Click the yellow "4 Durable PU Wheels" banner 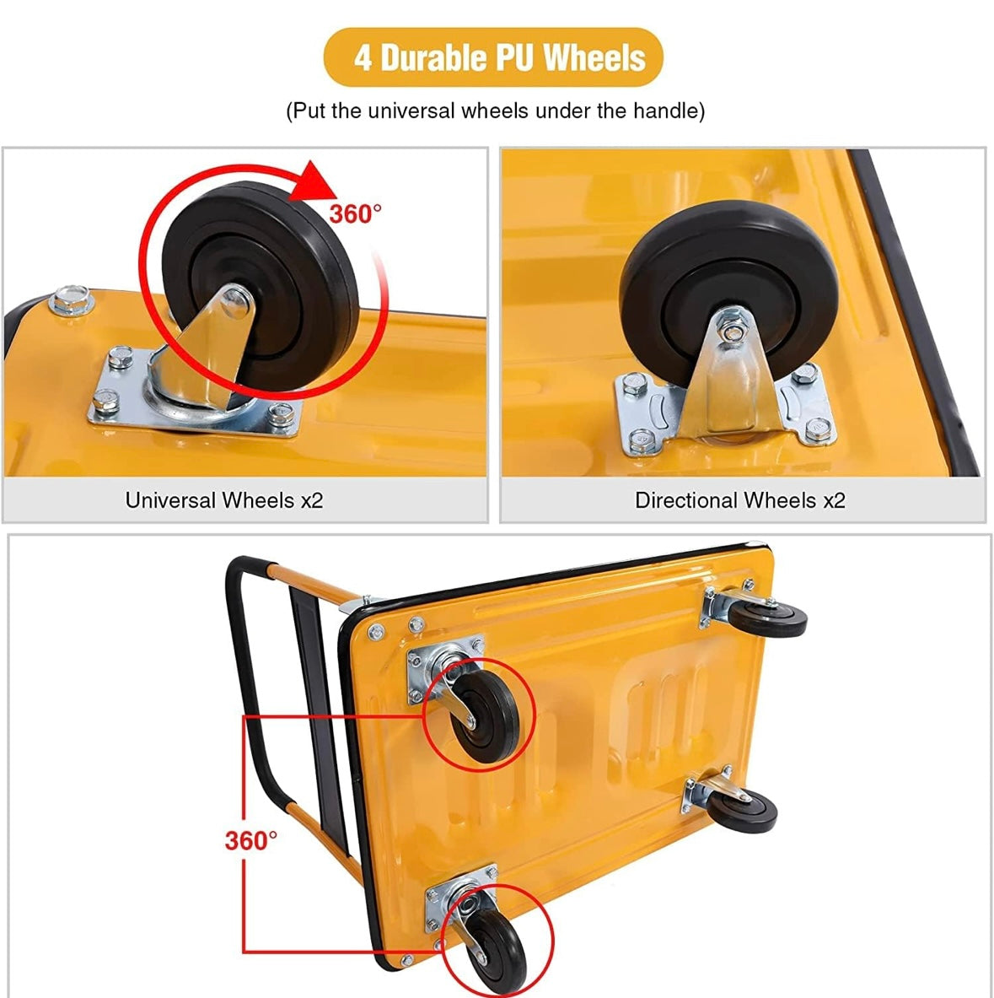click(494, 57)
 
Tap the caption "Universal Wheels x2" click(224, 500)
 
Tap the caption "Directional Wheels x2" click(739, 500)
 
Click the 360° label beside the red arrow click(355, 214)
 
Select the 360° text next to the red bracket click(250, 840)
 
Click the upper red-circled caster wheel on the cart click(481, 713)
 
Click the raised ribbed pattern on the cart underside click(666, 700)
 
